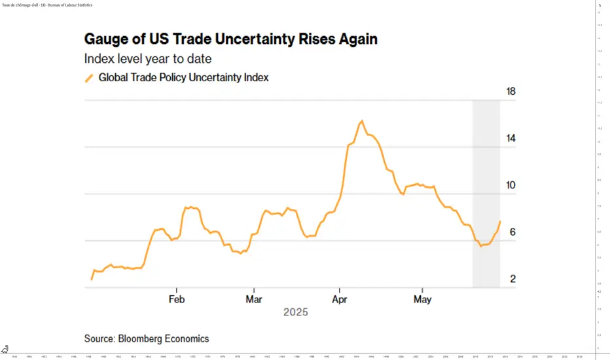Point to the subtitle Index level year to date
click(x=148, y=59)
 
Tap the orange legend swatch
click(x=90, y=78)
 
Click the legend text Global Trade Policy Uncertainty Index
click(x=183, y=77)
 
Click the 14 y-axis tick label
click(x=512, y=138)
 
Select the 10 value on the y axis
click(x=512, y=185)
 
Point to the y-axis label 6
click(x=512, y=232)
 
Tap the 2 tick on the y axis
click(x=512, y=279)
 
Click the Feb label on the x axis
click(x=177, y=299)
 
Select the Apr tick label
click(x=339, y=299)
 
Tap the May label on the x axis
click(x=423, y=299)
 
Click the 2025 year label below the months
click(x=295, y=312)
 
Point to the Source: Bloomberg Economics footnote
click(x=147, y=338)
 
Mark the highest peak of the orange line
click(x=362, y=121)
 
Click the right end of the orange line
click(x=500, y=221)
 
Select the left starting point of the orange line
click(x=91, y=279)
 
